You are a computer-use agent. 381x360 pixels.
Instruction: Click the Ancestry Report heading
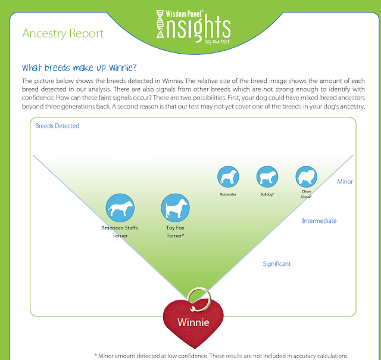pyautogui.click(x=63, y=33)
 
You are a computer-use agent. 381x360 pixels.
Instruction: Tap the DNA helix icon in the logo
pyautogui.click(x=160, y=24)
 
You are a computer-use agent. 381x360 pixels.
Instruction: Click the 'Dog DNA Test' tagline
pyautogui.click(x=217, y=42)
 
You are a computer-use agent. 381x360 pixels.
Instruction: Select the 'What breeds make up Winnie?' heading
pyautogui.click(x=79, y=67)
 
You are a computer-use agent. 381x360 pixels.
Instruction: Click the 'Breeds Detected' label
pyautogui.click(x=57, y=126)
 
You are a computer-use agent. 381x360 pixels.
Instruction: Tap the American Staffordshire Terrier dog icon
pyautogui.click(x=120, y=208)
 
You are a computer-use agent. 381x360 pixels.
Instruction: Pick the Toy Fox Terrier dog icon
pyautogui.click(x=175, y=208)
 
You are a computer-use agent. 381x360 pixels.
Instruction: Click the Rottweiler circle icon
pyautogui.click(x=228, y=177)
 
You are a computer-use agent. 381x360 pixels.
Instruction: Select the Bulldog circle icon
pyautogui.click(x=267, y=177)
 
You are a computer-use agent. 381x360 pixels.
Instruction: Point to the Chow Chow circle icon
pyautogui.click(x=306, y=177)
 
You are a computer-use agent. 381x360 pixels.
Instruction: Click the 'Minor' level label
pyautogui.click(x=345, y=182)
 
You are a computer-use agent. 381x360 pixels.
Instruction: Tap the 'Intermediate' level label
pyautogui.click(x=319, y=221)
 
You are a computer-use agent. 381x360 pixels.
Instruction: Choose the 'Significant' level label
pyautogui.click(x=276, y=263)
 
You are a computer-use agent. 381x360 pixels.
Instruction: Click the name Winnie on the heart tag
pyautogui.click(x=193, y=322)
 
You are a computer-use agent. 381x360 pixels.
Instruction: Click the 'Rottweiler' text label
pyautogui.click(x=228, y=194)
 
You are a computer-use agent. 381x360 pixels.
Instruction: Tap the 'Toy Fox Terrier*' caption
pyautogui.click(x=175, y=232)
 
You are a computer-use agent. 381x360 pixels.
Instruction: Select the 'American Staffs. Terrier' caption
pyautogui.click(x=120, y=232)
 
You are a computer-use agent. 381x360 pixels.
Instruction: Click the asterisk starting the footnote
pyautogui.click(x=96, y=355)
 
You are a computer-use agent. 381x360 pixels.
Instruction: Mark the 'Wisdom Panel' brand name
pyautogui.click(x=184, y=14)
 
